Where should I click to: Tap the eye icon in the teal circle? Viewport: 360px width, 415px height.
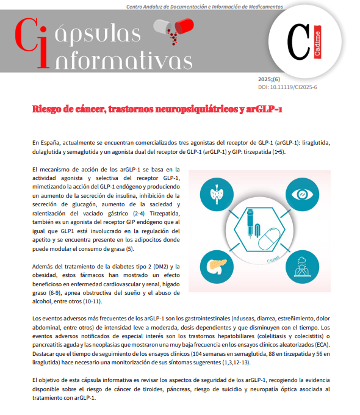click(x=303, y=195)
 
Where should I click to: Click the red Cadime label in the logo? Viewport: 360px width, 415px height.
click(x=318, y=44)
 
